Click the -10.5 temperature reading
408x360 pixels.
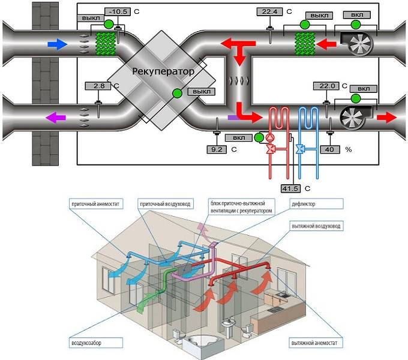[118, 12]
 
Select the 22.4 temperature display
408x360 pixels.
[269, 12]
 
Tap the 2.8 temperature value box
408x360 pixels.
[98, 86]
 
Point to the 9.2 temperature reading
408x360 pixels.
[217, 149]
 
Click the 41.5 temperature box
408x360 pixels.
[290, 188]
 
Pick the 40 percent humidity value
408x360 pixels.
[329, 149]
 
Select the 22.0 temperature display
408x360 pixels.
[326, 86]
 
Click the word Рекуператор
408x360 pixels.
[163, 71]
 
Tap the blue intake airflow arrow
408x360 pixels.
[58, 44]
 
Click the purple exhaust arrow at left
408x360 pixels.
[56, 118]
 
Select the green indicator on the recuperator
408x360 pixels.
[178, 94]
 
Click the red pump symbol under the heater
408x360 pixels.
[270, 137]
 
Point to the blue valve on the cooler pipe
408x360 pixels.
[300, 149]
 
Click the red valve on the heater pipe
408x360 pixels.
[271, 149]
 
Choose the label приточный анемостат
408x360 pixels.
[95, 204]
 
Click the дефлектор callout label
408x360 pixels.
[304, 204]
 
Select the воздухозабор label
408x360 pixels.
[86, 343]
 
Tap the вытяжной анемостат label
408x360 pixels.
[314, 343]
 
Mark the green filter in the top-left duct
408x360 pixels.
[106, 43]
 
